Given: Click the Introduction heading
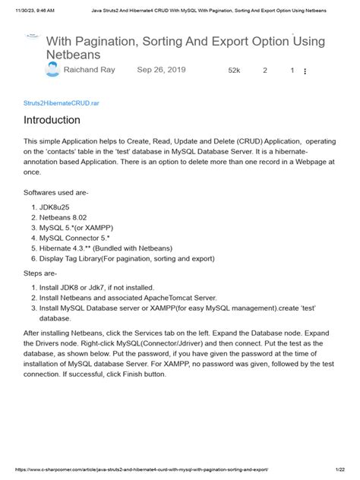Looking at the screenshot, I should [52, 120].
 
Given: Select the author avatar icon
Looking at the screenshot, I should [52, 70].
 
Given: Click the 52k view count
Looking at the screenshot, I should [234, 71].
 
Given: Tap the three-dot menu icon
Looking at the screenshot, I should [305, 71].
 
